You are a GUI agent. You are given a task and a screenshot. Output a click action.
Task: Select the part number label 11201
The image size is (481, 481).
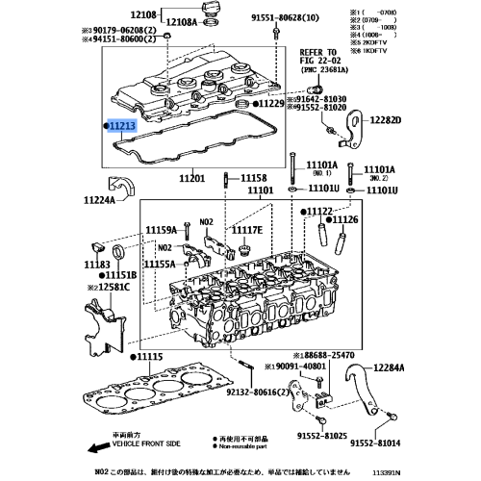click(192, 178)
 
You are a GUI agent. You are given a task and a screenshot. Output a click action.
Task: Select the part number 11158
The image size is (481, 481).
click(253, 178)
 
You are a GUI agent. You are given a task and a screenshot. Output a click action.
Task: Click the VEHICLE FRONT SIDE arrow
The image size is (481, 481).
click(92, 447)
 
